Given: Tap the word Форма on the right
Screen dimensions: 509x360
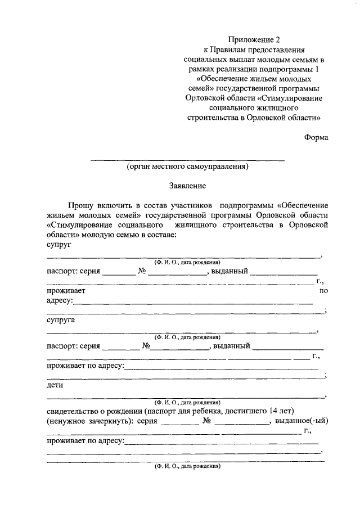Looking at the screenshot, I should [316, 137].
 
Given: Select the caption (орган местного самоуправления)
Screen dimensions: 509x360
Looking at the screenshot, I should [187, 166].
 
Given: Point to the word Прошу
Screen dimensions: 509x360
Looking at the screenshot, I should [80, 205].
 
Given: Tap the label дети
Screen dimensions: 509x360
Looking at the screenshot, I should [55, 386].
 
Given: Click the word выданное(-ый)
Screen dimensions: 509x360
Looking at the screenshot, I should [301, 422].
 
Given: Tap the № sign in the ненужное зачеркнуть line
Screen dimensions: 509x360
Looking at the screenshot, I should [208, 422].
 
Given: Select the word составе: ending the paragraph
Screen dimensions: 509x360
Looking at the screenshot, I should [161, 235].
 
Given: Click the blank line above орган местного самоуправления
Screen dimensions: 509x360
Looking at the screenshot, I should [187, 160].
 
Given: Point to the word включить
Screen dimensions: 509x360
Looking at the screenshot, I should [114, 205].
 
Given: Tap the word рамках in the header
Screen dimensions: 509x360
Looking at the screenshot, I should [202, 69].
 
